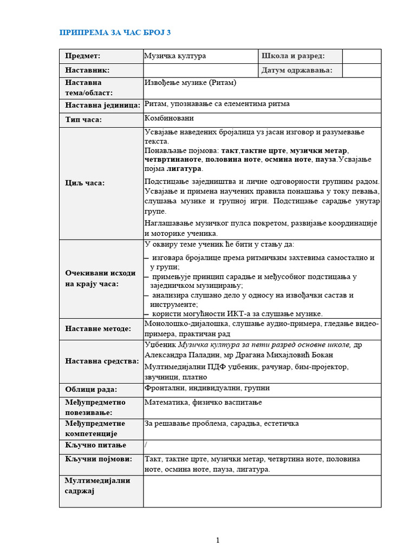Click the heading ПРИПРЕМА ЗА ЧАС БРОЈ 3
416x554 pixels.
[114, 33]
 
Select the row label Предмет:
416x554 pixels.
[83, 56]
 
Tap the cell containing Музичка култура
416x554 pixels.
[175, 56]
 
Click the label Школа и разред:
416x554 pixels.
[293, 56]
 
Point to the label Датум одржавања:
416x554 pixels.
[297, 70]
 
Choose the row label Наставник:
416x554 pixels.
[87, 70]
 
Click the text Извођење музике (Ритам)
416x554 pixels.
[190, 83]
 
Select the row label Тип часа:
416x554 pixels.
[83, 120]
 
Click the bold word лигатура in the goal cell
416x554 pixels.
[184, 169]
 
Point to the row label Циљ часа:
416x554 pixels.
[85, 183]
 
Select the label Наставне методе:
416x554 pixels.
[98, 328]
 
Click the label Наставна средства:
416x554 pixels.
[102, 361]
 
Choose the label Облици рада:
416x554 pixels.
[91, 390]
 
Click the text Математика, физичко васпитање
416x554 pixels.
[203, 402]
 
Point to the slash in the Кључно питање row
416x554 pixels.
[146, 444]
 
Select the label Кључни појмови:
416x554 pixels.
[99, 459]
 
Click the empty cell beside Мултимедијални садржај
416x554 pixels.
[262, 491]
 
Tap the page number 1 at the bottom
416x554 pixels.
[217, 540]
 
